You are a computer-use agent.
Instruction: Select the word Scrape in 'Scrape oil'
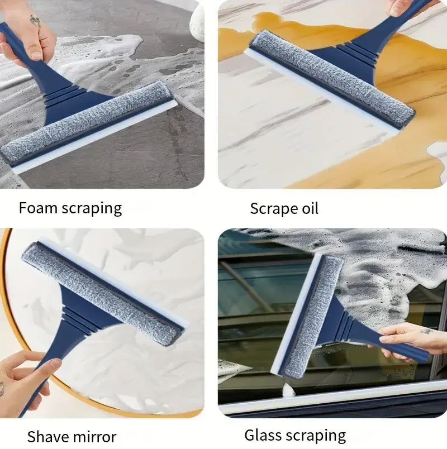pyautogui.click(x=272, y=209)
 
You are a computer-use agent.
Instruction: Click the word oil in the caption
pyautogui.click(x=307, y=209)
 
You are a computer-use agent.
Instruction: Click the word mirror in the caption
pyautogui.click(x=95, y=436)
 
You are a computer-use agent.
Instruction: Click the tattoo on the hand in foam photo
pyautogui.click(x=35, y=21)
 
